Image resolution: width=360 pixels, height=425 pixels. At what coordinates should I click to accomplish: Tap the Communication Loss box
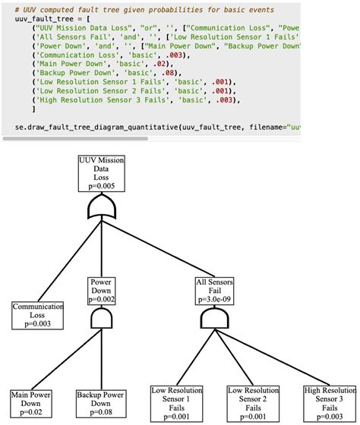31,314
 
